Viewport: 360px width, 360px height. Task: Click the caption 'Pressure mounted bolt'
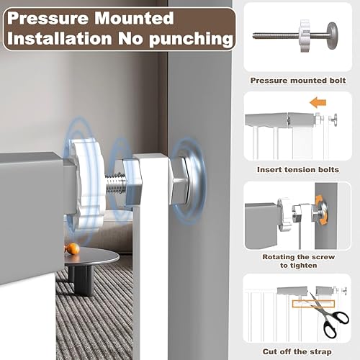(298, 80)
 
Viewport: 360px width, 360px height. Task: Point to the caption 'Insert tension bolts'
(298, 170)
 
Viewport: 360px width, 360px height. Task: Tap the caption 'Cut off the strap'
(298, 351)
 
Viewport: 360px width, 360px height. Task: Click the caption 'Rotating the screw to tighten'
(298, 261)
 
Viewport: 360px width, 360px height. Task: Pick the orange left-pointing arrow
(318, 103)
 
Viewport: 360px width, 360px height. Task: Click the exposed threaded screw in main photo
(117, 186)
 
